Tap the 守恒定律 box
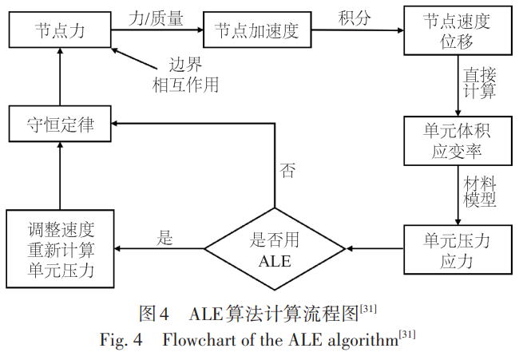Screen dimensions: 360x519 [60, 126]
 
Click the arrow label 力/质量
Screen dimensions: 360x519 [156, 17]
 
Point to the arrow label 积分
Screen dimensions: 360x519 [355, 17]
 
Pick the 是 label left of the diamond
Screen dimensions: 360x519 [166, 236]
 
